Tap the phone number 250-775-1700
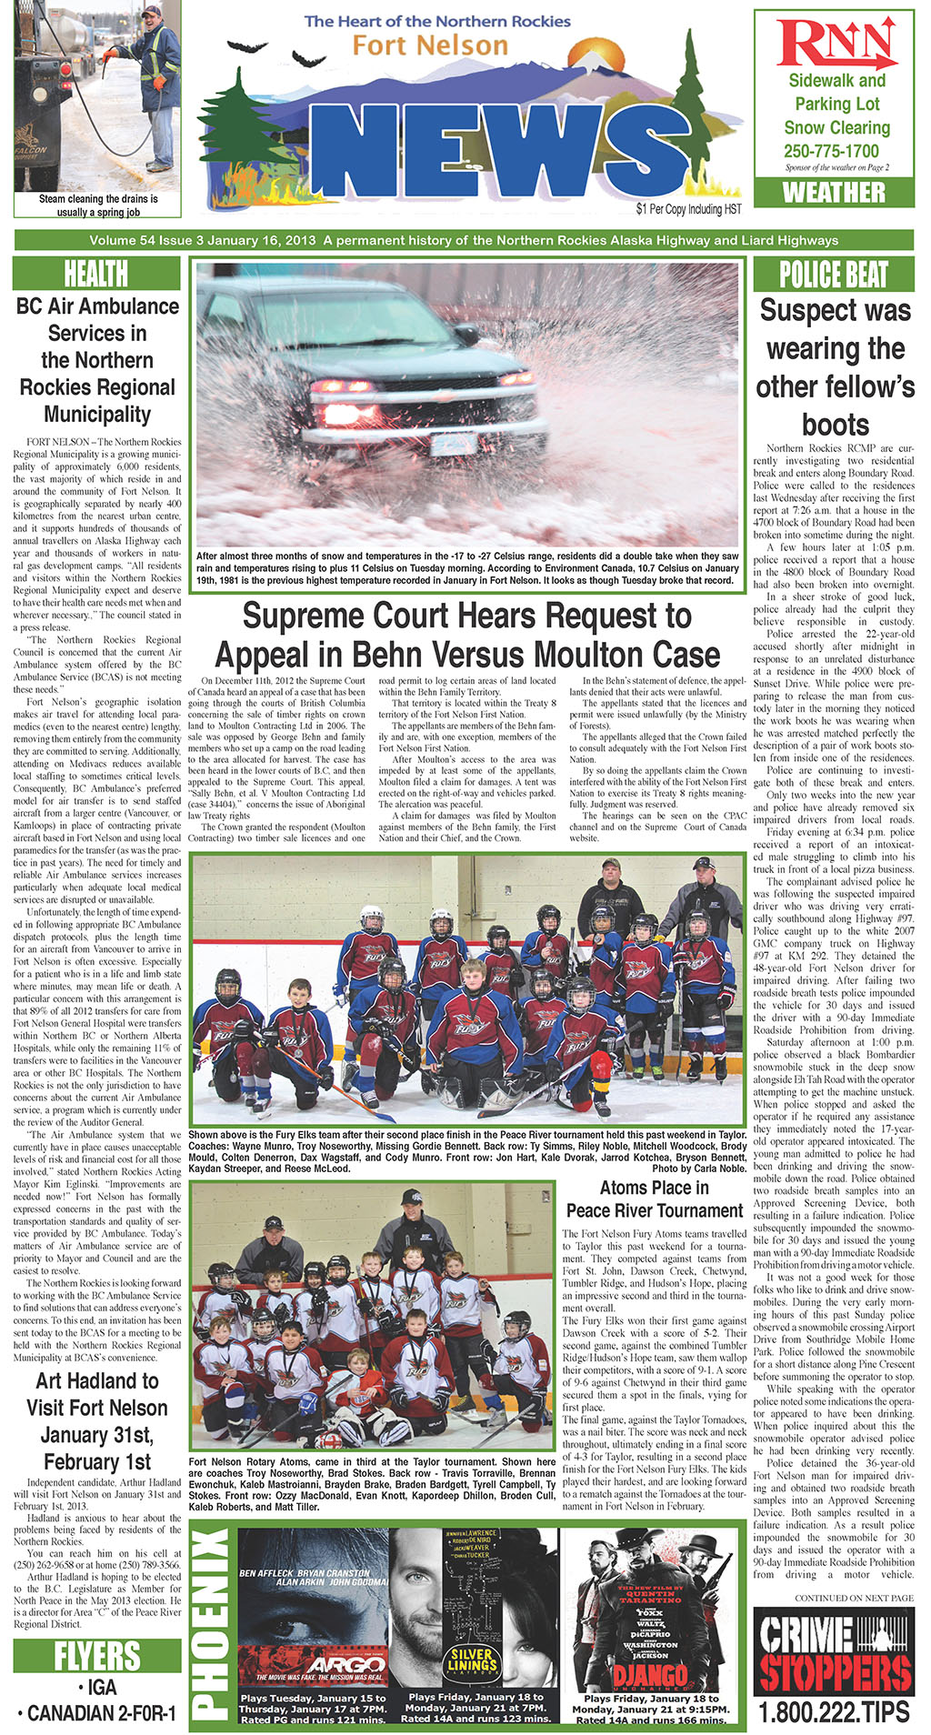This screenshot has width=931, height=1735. (x=832, y=151)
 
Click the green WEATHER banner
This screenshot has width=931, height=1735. (x=834, y=193)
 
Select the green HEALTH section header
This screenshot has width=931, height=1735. (x=96, y=274)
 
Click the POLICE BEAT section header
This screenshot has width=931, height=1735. (x=834, y=274)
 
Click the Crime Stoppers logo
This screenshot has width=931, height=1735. (x=834, y=1651)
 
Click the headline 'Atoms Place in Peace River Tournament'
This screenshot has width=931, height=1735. (x=654, y=1199)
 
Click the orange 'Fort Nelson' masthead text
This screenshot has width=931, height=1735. (x=430, y=45)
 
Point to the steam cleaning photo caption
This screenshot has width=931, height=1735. (x=98, y=206)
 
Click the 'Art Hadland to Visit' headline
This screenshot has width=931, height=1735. (x=96, y=1420)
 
